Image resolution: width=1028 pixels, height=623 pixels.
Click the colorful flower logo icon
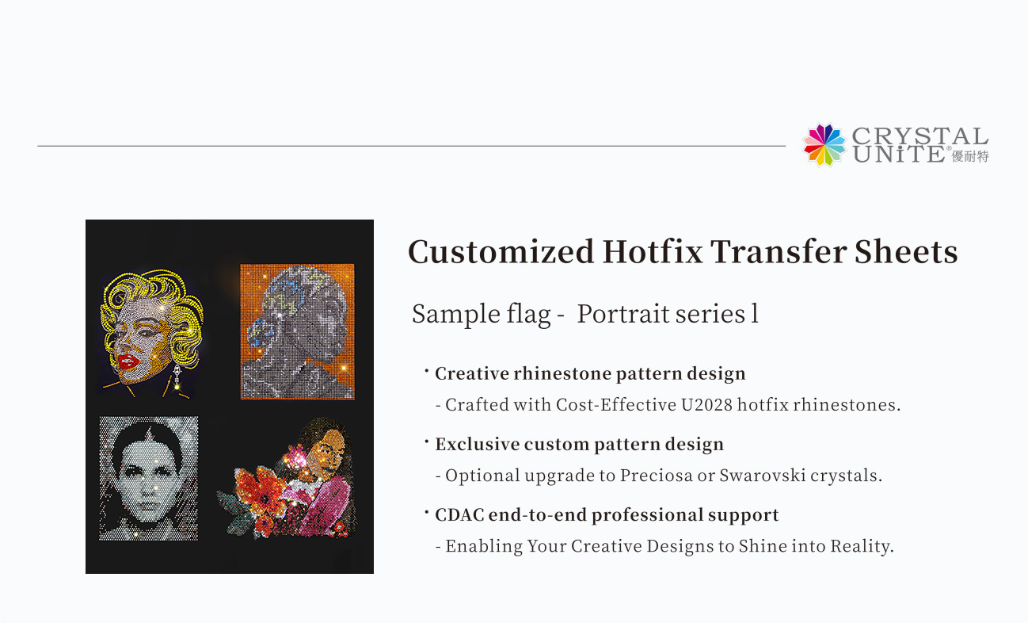pyautogui.click(x=824, y=144)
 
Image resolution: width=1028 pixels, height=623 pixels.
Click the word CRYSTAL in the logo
pyautogui.click(x=920, y=136)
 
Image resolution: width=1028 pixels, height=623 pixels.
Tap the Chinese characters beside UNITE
pyautogui.click(x=971, y=155)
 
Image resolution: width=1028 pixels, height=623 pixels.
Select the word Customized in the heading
pyautogui.click(x=501, y=253)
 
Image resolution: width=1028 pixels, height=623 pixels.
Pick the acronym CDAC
pyautogui.click(x=459, y=515)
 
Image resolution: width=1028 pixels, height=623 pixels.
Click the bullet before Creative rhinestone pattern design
pyautogui.click(x=426, y=370)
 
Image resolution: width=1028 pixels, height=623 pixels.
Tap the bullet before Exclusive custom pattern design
pyautogui.click(x=426, y=441)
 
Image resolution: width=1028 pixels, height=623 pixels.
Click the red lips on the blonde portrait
pyautogui.click(x=129, y=361)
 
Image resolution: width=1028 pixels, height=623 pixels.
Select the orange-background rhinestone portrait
pyautogui.click(x=297, y=331)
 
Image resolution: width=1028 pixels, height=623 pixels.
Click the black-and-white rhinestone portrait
pyautogui.click(x=149, y=478)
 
